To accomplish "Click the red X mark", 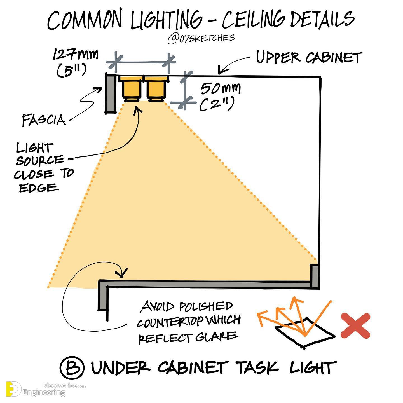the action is (x=355, y=326).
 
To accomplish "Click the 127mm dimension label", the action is (x=75, y=62).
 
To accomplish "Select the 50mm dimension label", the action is (x=220, y=96).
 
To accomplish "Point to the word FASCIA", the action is (x=43, y=120).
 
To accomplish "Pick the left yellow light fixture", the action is (x=131, y=89).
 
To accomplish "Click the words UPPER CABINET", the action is (x=309, y=57).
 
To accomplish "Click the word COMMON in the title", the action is (x=84, y=20).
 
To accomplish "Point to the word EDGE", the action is (x=39, y=188).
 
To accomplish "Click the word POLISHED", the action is (x=206, y=307).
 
